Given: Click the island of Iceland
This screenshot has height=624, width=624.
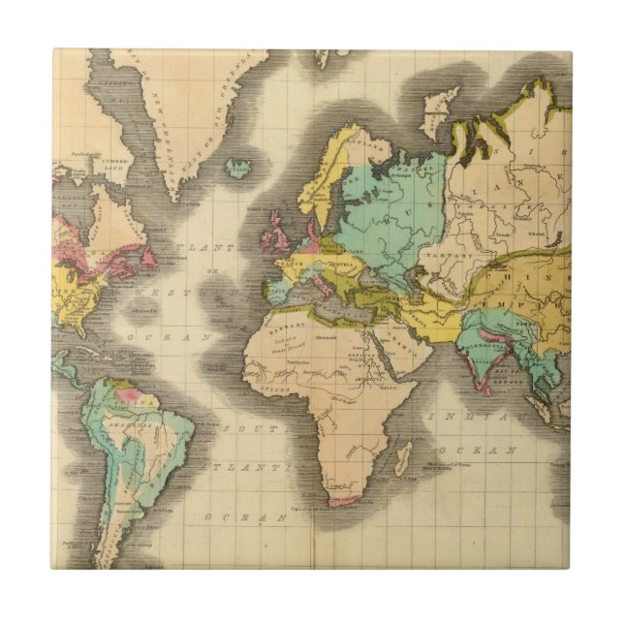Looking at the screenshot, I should [237, 170].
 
